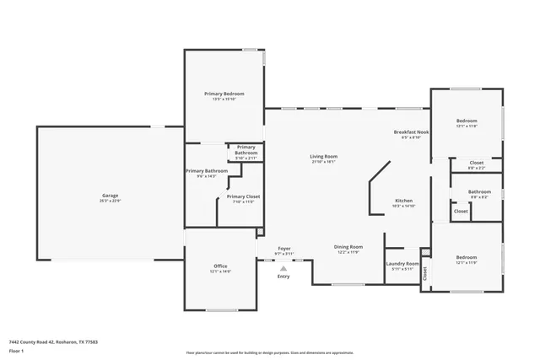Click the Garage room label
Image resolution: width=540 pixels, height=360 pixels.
coord(111,196)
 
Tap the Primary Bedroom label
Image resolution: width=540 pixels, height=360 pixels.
coord(224,93)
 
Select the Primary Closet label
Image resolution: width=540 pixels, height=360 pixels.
coord(243,196)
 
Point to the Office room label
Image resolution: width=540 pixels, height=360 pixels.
coord(220,266)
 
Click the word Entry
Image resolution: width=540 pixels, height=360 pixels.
coord(283,276)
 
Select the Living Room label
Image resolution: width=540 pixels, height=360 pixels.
coord(323,156)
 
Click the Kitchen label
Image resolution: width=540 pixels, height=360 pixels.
coord(403,201)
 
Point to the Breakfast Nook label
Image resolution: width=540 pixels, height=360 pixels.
coord(412,133)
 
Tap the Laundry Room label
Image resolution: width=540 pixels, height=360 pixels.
coord(402,264)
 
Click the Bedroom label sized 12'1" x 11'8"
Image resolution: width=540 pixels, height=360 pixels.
coord(467,121)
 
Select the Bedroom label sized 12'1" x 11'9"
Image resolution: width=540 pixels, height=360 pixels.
coord(467,257)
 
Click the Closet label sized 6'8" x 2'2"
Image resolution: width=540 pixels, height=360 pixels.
coord(476,163)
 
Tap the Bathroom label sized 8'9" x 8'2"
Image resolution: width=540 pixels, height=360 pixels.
coord(479,191)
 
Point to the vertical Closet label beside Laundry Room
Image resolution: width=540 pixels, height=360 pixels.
coord(425,273)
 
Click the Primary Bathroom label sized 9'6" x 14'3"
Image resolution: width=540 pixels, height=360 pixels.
coord(206,171)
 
